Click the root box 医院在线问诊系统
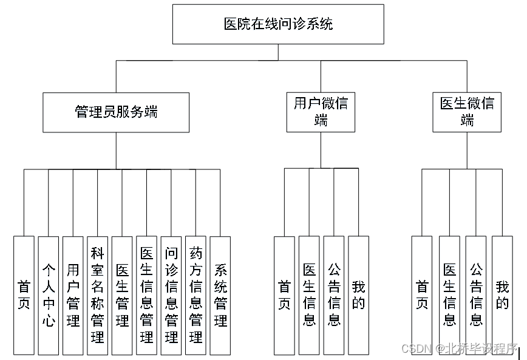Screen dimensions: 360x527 tap(278, 24)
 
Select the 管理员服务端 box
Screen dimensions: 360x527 tap(115, 112)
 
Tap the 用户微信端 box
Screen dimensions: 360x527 tap(321, 112)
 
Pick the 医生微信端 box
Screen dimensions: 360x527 tap(467, 112)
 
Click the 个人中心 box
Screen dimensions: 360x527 tap(49, 295)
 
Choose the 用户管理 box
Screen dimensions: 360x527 tap(73, 295)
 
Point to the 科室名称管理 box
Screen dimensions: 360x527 tap(97, 295)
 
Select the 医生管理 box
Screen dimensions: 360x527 tap(121, 295)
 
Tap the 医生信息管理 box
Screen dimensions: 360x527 tap(146, 295)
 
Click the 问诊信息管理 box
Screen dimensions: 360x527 tap(171, 295)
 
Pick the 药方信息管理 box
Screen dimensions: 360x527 tap(195, 295)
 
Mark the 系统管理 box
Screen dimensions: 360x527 tap(220, 295)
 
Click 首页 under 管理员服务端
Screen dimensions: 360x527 tap(24, 295)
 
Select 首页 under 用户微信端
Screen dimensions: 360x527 tap(284, 295)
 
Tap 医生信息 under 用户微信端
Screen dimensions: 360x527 tap(309, 295)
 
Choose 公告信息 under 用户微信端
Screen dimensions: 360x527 tap(334, 295)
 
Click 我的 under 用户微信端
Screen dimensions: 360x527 tap(358, 295)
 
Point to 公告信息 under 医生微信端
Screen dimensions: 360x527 tap(476, 295)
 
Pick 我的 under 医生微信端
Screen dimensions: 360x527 tap(502, 295)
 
